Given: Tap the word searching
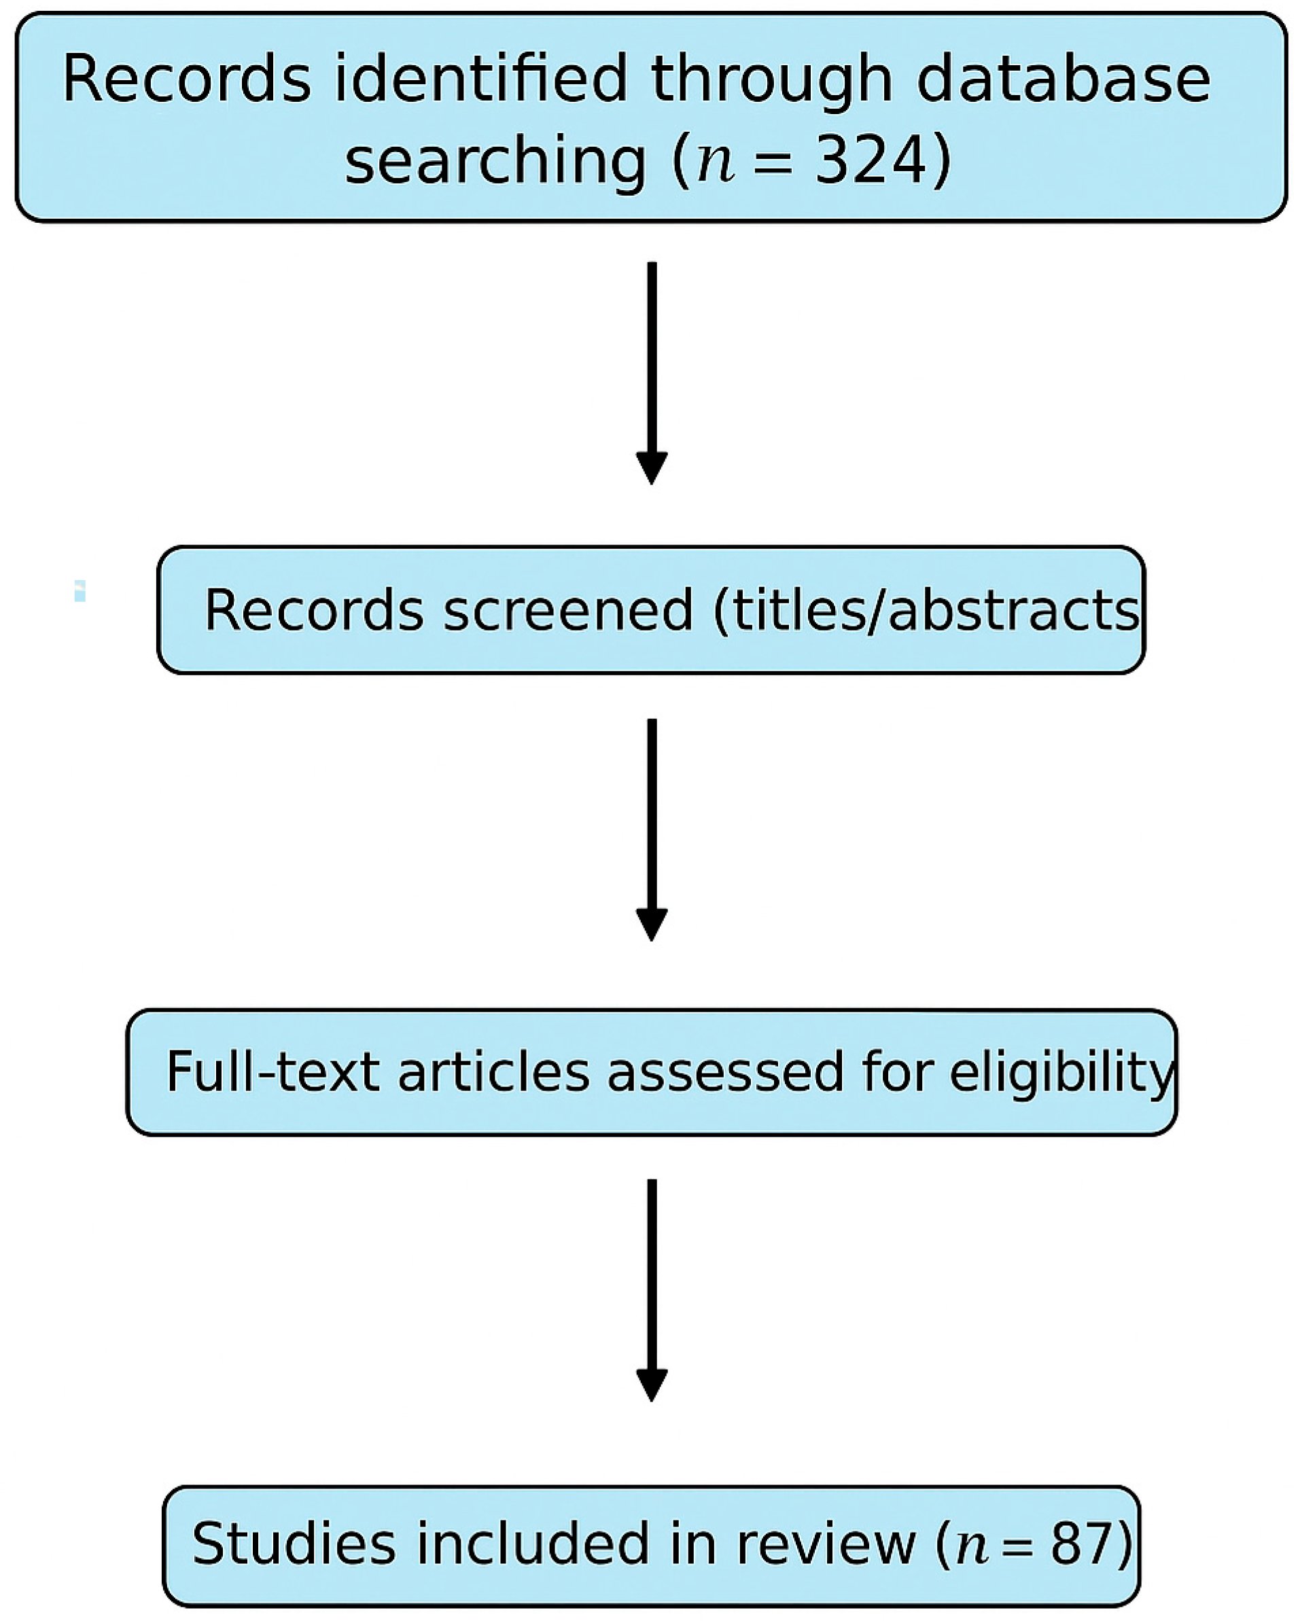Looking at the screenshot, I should [495, 160].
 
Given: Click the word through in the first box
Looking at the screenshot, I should [771, 80].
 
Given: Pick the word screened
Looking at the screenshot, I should [567, 610].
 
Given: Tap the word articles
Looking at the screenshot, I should [493, 1071].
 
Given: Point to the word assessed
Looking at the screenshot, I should [725, 1071].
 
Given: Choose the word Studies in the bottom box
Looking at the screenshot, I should [294, 1544].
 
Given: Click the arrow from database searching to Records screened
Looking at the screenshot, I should [652, 372].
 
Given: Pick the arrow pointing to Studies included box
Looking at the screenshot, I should [652, 1289].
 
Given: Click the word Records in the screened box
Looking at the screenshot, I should [313, 610].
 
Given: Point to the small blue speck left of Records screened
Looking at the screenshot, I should [80, 590].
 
